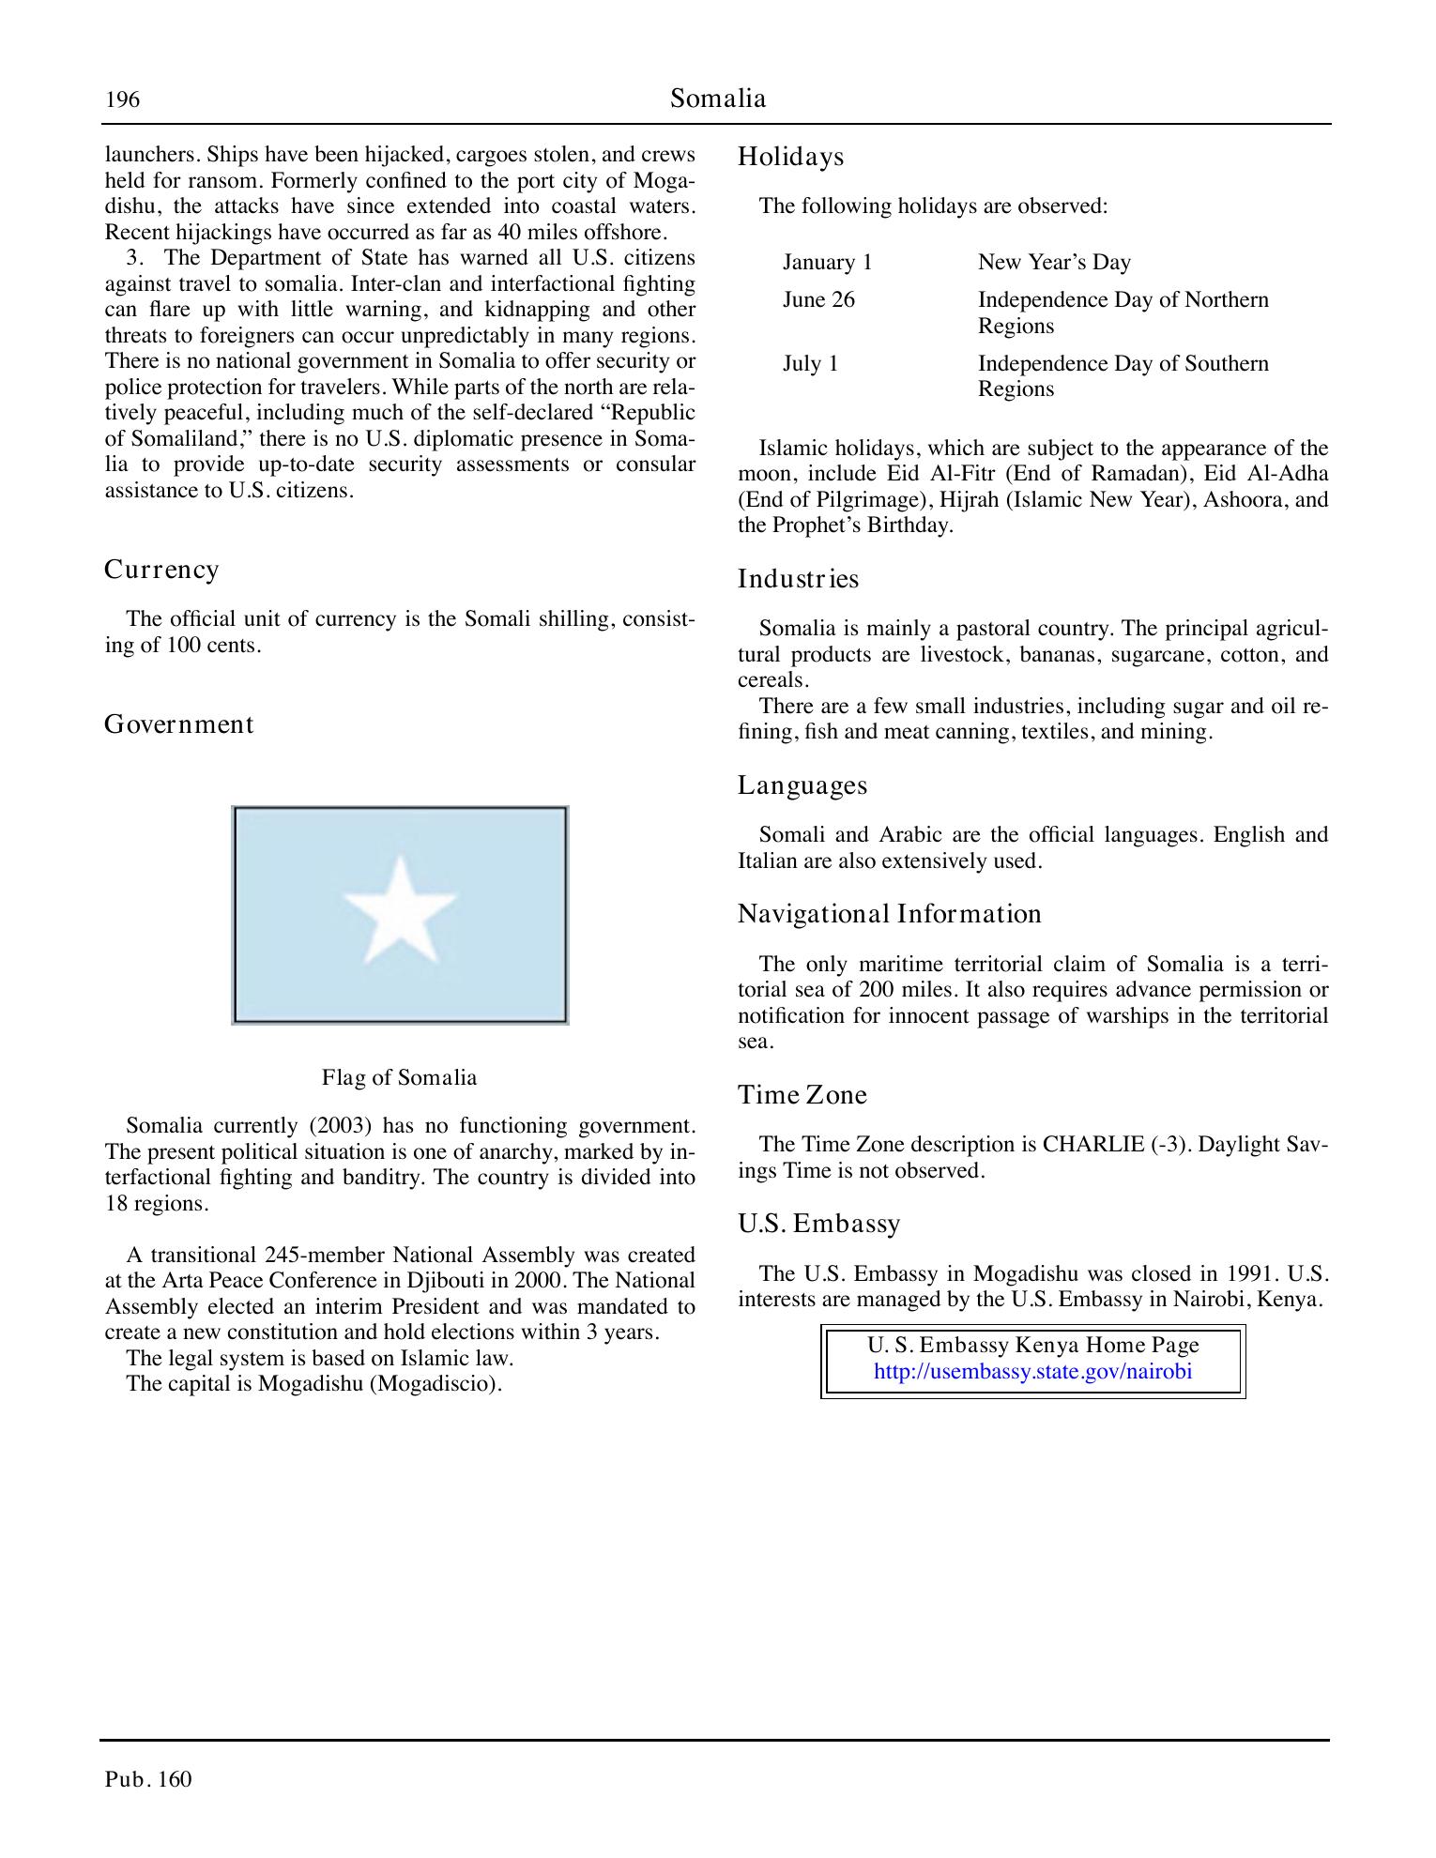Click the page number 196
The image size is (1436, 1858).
click(x=122, y=99)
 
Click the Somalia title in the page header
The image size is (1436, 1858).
click(x=718, y=99)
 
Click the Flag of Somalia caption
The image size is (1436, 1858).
click(x=399, y=1077)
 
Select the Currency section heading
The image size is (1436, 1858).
click(x=161, y=570)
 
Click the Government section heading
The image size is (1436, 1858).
click(x=178, y=724)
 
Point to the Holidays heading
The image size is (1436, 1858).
click(x=790, y=157)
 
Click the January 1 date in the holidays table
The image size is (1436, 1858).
click(x=827, y=263)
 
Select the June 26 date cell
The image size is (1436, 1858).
click(x=818, y=300)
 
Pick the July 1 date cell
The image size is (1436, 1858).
click(x=810, y=364)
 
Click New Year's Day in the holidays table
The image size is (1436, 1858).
click(x=1053, y=263)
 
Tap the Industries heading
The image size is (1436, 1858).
click(x=798, y=579)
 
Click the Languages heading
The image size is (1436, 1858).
click(x=802, y=785)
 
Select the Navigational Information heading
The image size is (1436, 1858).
click(x=889, y=914)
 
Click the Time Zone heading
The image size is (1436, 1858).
click(x=802, y=1095)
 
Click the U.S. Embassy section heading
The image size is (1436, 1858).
click(x=818, y=1224)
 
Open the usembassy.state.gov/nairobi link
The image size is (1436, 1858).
click(x=1032, y=1372)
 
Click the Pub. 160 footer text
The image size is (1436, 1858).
click(x=148, y=1779)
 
